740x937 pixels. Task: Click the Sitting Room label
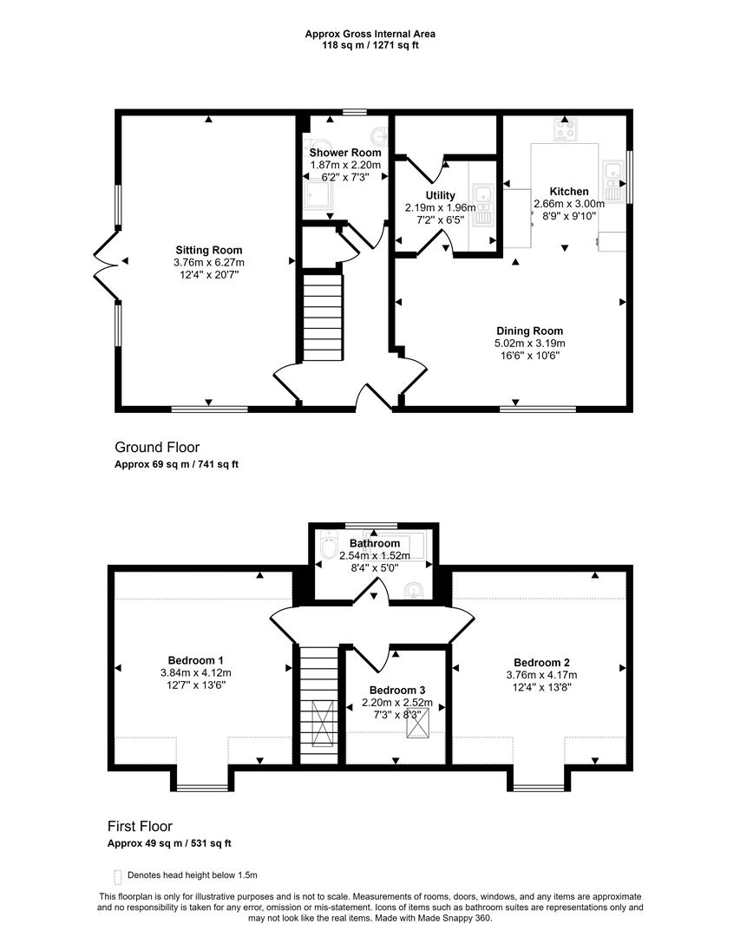click(x=208, y=250)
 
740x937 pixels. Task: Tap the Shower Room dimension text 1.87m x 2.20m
click(x=345, y=165)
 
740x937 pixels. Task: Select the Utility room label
click(x=441, y=195)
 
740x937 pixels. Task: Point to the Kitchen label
click(x=569, y=191)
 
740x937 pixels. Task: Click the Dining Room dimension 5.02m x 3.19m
click(x=529, y=343)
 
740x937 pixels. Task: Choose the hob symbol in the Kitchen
click(x=566, y=131)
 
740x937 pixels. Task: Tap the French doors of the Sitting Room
click(x=104, y=260)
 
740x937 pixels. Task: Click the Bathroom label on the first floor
click(x=375, y=543)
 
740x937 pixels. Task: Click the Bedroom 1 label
click(x=195, y=659)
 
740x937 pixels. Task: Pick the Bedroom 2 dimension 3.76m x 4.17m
click(x=541, y=674)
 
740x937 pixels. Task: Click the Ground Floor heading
click(x=157, y=447)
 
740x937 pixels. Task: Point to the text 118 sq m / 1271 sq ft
click(x=370, y=45)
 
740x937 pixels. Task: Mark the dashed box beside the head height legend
click(x=117, y=876)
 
